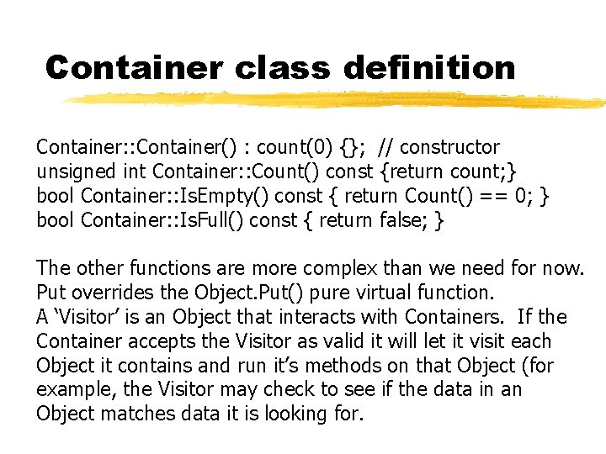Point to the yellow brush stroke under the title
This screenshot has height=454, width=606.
(337, 101)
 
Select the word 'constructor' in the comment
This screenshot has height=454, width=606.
(450, 147)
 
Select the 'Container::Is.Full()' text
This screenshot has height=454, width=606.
(152, 220)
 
